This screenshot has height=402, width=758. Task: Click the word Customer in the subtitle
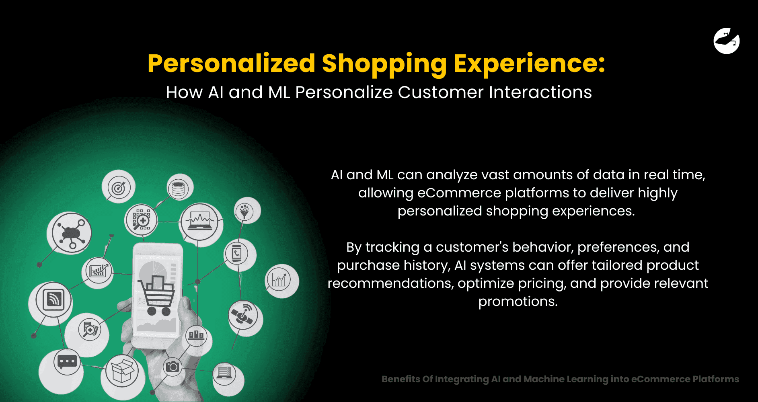point(441,92)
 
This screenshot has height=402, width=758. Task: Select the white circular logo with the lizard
point(726,41)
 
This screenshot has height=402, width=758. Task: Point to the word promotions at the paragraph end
point(518,301)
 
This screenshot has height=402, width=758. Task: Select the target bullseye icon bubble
point(119,187)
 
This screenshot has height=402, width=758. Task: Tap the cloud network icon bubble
point(70,232)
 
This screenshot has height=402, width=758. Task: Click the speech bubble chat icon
point(67,361)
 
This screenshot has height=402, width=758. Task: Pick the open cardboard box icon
point(122,370)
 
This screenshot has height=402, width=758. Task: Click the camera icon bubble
point(173,367)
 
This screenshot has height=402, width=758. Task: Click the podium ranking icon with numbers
point(196,335)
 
